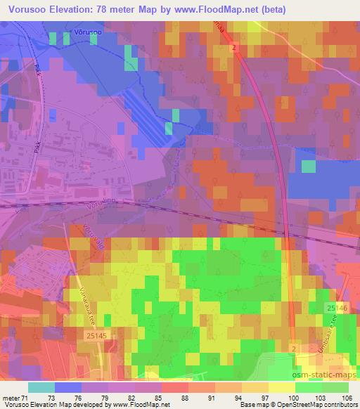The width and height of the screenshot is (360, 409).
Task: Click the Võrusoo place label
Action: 86,32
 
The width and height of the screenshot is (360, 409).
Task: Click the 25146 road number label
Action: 336,308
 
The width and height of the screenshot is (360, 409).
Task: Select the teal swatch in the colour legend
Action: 41,387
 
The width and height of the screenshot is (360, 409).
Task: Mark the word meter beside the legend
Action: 12,397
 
